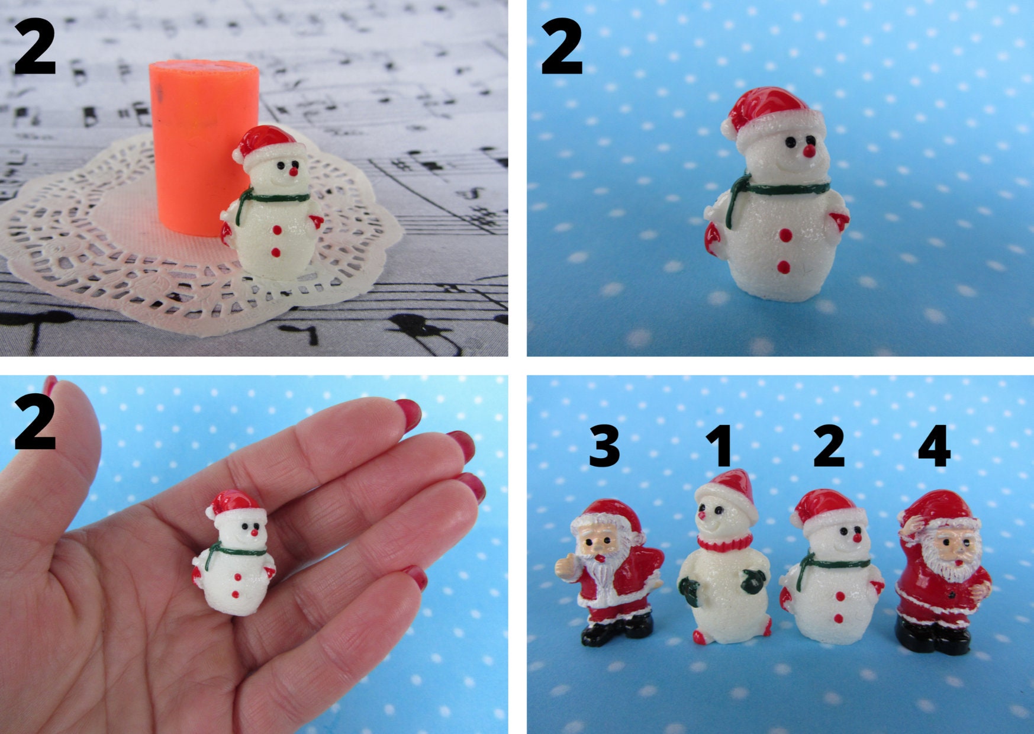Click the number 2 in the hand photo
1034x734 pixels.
tap(36, 423)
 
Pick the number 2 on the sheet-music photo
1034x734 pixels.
tap(36, 47)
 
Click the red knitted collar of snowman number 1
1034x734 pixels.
tap(724, 542)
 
